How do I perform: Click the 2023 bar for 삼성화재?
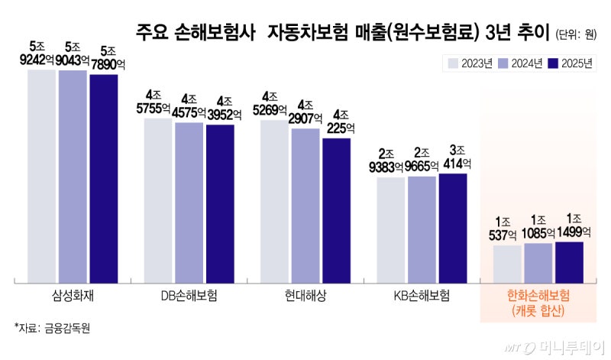[x=42, y=176]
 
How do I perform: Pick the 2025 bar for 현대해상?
[x=336, y=209]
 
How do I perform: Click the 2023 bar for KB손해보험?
[x=391, y=229]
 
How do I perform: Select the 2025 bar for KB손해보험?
[x=452, y=228]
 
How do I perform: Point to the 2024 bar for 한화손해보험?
[x=538, y=262]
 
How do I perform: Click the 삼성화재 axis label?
[x=73, y=295]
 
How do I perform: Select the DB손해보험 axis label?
[x=189, y=295]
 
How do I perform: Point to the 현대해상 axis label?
[x=305, y=295]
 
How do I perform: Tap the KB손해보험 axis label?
[x=422, y=295]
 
